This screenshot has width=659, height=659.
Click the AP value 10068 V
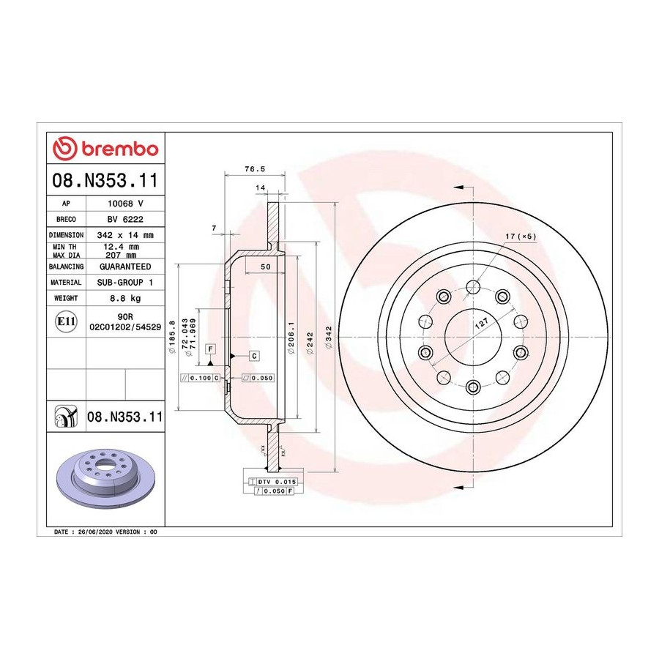point(125,204)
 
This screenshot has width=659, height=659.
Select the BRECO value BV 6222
point(125,220)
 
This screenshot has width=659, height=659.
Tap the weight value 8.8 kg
point(125,299)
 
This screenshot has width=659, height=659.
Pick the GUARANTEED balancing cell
point(125,267)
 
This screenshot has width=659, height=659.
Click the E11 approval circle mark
point(66,321)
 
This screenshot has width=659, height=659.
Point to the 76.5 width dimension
point(255,169)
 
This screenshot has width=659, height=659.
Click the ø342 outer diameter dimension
point(329,337)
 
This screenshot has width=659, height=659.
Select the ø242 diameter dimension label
point(310,343)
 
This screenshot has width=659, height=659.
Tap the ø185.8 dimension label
point(171,337)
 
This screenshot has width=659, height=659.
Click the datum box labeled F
point(211,349)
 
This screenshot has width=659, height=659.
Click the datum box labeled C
point(254,356)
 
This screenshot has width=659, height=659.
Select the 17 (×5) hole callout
point(521,237)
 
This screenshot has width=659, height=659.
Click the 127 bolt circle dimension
point(482,323)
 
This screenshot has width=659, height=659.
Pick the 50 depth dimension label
point(265,267)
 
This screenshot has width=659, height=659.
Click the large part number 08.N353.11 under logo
point(105,180)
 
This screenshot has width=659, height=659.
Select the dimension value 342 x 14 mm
point(125,235)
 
